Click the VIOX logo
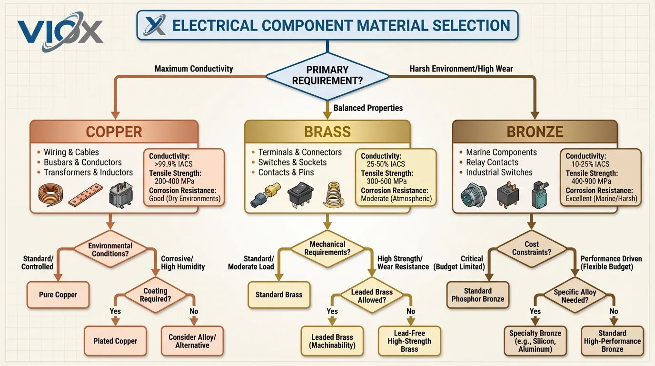pos(60,30)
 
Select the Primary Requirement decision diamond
pos(327,75)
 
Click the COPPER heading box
pos(114,132)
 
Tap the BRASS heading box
pos(327,132)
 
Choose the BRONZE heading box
pos(535,132)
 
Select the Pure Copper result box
pos(58,295)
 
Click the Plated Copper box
pos(115,341)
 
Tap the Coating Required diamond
pos(155,295)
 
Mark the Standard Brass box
pos(279,295)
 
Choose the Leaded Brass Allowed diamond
pos(372,296)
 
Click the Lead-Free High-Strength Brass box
pos(409,341)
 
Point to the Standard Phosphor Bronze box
pos(477,295)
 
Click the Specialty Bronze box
pos(535,341)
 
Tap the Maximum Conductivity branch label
pos(194,69)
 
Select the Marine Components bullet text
pos(501,152)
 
